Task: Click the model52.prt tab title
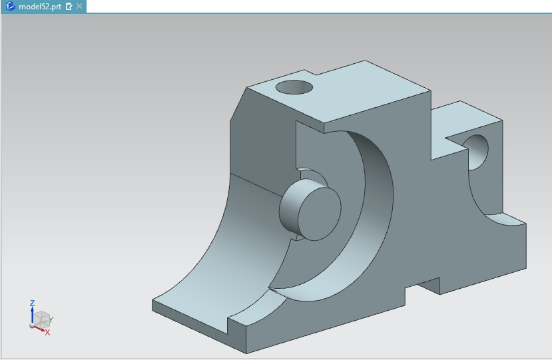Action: click(x=39, y=6)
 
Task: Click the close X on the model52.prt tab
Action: click(x=79, y=6)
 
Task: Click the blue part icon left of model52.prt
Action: click(x=10, y=6)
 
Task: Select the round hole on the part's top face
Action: click(x=294, y=87)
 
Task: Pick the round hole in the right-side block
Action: click(x=476, y=151)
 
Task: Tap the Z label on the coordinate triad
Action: click(x=32, y=303)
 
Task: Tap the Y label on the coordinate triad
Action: click(x=51, y=320)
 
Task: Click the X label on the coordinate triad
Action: click(x=47, y=332)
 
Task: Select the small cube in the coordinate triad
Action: click(x=42, y=318)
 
